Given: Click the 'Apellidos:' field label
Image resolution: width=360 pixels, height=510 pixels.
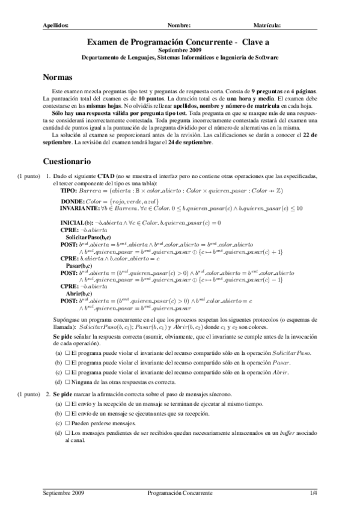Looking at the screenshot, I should tap(56, 25).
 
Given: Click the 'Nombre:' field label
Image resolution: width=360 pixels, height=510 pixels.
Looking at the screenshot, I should tap(179, 25).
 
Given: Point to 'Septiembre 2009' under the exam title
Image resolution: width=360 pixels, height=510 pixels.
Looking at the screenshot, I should tap(180, 51).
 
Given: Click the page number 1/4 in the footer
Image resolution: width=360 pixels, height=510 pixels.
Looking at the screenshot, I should tap(313, 493).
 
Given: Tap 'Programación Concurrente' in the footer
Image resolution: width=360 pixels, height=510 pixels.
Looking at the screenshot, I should tap(180, 493).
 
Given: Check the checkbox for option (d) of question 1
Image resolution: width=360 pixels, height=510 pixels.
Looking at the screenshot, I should tap(67, 381).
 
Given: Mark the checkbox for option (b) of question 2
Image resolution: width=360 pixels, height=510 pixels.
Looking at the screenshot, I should tap(67, 414).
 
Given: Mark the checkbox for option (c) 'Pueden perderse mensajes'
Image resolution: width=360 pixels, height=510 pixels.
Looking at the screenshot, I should tap(67, 423).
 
